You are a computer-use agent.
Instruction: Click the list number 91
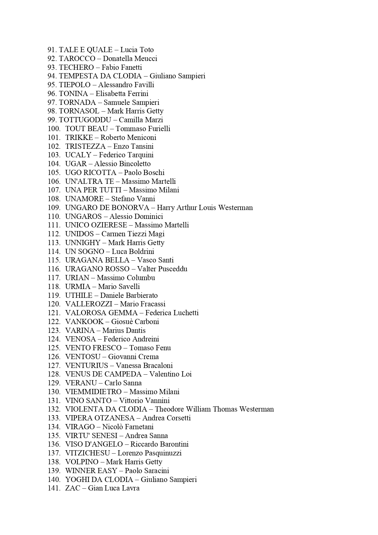[x=52, y=50]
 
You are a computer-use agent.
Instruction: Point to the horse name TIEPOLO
[x=75, y=85]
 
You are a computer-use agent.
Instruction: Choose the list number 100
[x=54, y=129]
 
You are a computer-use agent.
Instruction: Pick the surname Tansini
[x=142, y=146]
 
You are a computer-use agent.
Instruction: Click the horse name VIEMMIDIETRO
[x=93, y=392]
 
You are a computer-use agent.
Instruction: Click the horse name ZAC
[x=73, y=488]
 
